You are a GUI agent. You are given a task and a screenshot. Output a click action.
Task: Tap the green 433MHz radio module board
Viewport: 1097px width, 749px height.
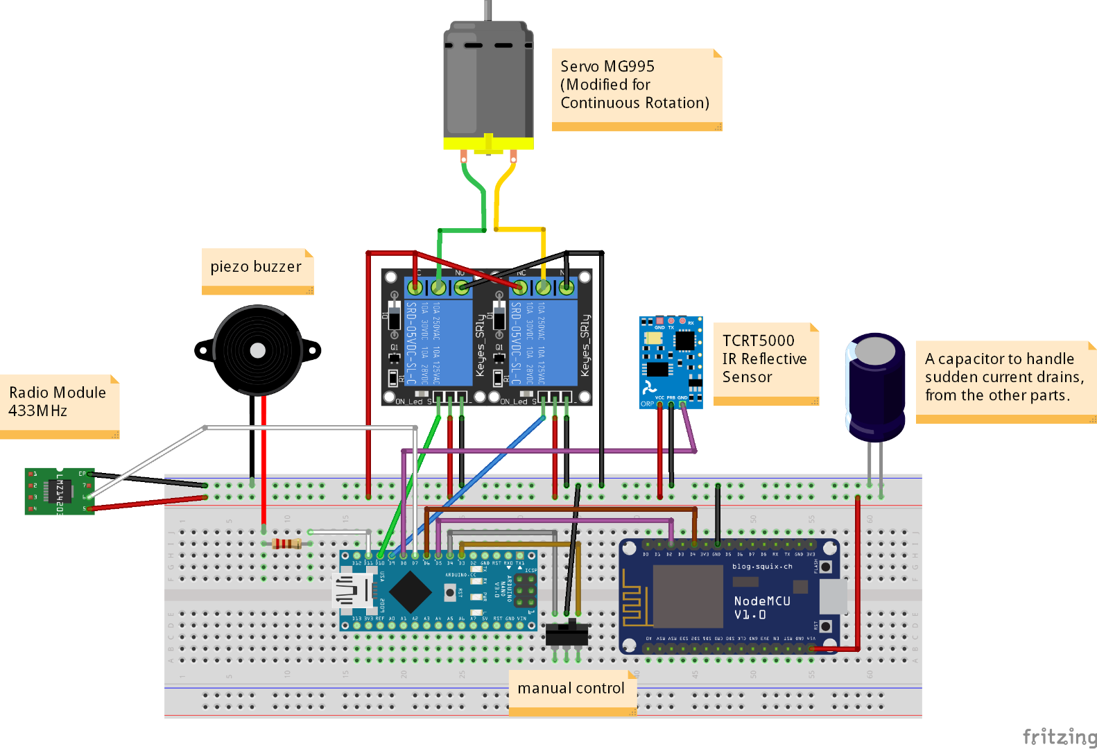[60, 492]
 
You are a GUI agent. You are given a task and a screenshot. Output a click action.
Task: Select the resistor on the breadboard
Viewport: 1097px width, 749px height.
[286, 544]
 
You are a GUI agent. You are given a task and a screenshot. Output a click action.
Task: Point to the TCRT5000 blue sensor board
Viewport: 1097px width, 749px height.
[671, 362]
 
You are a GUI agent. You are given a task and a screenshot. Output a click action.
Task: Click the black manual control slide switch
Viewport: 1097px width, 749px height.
[567, 634]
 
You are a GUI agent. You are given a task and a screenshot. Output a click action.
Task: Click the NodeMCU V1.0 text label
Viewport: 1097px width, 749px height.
[761, 608]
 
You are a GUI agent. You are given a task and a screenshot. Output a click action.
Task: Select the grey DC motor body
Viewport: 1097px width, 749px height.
[488, 80]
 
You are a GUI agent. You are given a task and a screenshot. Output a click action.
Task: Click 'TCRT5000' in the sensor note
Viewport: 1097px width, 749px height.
[758, 341]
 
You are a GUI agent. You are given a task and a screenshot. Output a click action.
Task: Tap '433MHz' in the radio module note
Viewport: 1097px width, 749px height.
[37, 411]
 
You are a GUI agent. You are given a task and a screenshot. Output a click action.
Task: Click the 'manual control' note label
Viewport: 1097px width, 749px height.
[571, 688]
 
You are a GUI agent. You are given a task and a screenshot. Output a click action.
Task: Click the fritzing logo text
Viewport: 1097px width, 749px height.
[1060, 736]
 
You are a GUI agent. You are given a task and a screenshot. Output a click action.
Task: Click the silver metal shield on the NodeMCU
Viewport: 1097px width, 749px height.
[688, 595]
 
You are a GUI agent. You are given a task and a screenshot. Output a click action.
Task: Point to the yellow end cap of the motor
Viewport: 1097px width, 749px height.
[488, 144]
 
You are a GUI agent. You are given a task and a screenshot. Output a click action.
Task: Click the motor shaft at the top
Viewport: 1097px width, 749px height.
[488, 10]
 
